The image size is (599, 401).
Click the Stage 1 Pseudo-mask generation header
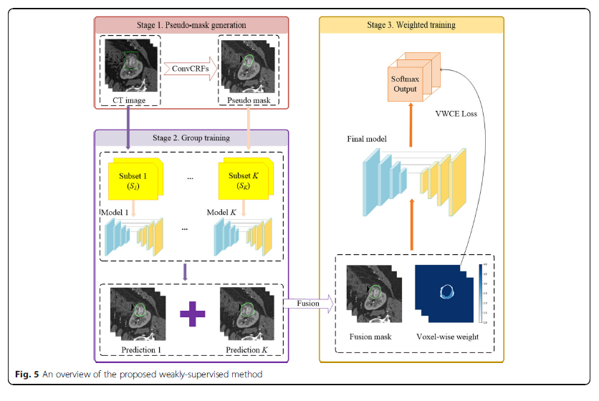click(x=191, y=25)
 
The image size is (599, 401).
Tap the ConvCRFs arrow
click(x=189, y=69)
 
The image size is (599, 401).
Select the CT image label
click(x=130, y=100)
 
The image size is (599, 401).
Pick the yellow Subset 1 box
click(x=134, y=180)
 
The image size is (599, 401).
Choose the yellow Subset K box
click(x=243, y=180)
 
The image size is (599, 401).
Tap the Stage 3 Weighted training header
click(x=411, y=25)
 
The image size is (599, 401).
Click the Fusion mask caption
click(x=370, y=337)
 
